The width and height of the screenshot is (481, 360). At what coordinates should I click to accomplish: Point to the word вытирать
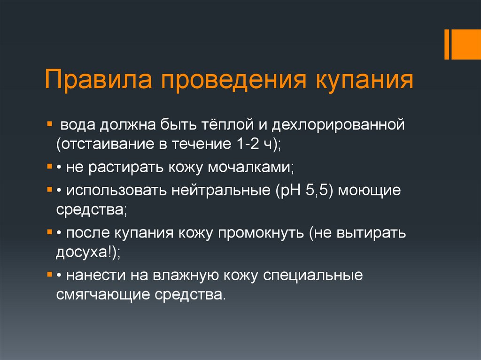coord(371,233)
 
